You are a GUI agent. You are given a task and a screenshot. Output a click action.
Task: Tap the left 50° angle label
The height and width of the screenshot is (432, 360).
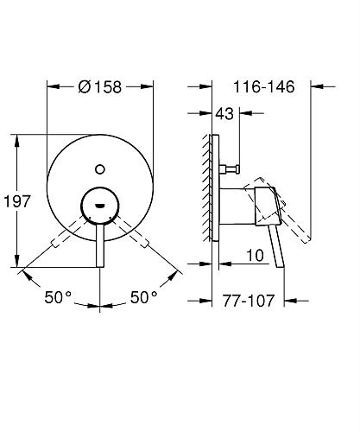pyautogui.click(x=59, y=296)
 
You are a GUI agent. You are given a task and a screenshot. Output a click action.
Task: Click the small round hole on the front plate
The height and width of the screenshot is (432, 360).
pyautogui.click(x=101, y=169)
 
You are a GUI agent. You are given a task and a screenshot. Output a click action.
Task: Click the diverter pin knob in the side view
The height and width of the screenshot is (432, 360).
pyautogui.click(x=234, y=168)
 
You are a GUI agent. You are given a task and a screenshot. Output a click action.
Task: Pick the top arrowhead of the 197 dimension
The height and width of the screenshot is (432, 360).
pyautogui.click(x=17, y=138)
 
